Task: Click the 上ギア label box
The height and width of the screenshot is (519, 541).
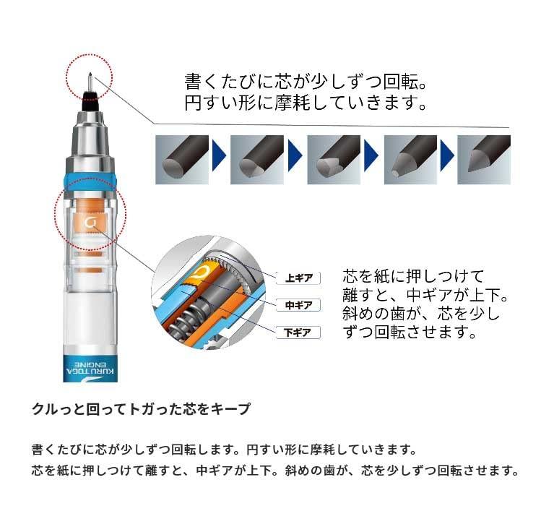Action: (298, 278)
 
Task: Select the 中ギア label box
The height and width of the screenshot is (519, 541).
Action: (298, 305)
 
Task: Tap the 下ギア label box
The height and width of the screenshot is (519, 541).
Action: (298, 333)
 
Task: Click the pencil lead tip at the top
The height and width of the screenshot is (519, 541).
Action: (90, 74)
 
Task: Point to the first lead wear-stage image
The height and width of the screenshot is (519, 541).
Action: (182, 160)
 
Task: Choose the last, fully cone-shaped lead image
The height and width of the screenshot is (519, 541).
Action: (484, 160)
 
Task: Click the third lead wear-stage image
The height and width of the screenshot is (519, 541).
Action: (334, 160)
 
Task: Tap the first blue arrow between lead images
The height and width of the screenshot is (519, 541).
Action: (219, 155)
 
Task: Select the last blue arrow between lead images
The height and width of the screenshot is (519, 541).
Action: (447, 155)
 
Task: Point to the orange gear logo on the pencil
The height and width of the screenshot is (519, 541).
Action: (90, 223)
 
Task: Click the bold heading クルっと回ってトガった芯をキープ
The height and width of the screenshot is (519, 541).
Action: (141, 409)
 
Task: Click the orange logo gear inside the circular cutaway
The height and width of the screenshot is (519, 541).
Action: (204, 272)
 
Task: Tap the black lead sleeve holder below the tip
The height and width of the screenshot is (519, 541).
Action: (90, 100)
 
